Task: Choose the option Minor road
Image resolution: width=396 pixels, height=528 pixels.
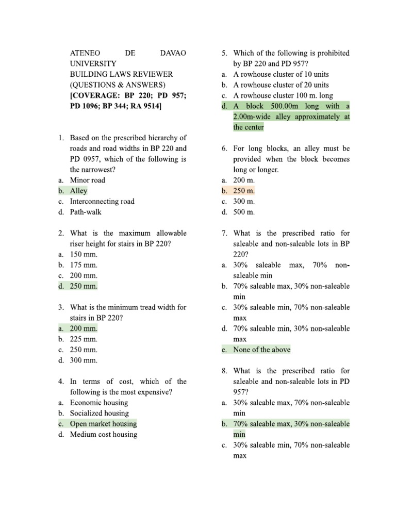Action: tap(88, 180)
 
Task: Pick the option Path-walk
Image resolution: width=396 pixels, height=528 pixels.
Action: tap(87, 212)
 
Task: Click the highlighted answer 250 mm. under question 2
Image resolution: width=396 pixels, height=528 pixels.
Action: tap(84, 286)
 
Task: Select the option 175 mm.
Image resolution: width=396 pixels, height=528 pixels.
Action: tap(84, 265)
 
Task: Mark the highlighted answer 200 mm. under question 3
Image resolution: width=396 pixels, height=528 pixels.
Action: tap(84, 328)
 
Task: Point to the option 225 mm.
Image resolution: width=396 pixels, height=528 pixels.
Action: tap(84, 339)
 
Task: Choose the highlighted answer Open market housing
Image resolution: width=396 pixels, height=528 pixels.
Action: tap(104, 424)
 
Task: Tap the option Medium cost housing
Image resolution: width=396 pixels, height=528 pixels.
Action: tap(104, 435)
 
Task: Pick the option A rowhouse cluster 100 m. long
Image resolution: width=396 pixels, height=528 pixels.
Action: tap(283, 95)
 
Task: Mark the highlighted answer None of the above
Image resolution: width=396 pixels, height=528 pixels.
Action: tap(262, 350)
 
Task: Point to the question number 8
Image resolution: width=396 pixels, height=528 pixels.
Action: tap(224, 371)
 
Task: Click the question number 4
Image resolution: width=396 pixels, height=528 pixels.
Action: tap(61, 382)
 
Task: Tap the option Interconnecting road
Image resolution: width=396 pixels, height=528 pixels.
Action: tap(102, 201)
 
